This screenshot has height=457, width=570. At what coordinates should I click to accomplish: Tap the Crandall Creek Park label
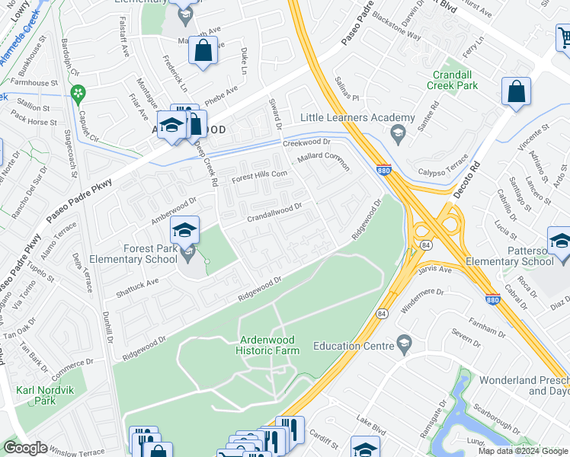[455, 80]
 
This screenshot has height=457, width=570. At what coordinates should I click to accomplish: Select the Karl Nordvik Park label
[35, 395]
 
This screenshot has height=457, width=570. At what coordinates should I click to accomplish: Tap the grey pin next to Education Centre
[403, 346]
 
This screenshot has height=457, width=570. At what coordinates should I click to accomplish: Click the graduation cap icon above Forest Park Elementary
[184, 230]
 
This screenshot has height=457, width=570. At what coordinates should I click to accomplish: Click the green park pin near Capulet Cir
[77, 94]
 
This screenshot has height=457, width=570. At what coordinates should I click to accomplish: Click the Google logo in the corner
[25, 448]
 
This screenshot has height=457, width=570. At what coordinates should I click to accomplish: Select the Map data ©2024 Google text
[522, 451]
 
